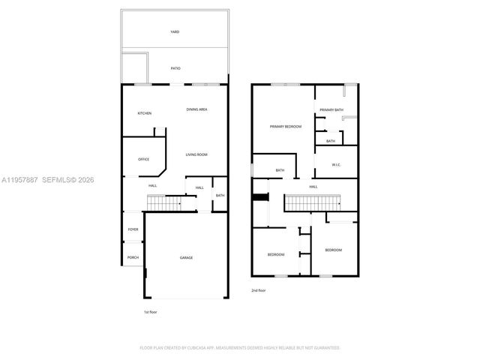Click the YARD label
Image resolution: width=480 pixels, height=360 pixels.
174,32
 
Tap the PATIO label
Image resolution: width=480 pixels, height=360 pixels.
175,68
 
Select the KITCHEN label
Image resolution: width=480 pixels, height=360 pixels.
144,113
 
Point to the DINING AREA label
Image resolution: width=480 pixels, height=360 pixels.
197,109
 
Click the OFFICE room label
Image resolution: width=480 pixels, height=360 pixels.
143,159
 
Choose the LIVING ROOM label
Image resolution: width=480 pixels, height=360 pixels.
197,154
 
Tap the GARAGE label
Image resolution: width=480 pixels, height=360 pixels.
186,257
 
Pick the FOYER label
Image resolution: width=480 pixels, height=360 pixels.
133,229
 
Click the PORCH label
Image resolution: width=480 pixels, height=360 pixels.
133,257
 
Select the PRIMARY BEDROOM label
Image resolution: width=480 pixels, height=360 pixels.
286,127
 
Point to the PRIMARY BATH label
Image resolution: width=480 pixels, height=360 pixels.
331,110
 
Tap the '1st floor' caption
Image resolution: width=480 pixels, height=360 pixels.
150,311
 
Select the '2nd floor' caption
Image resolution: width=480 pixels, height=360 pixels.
259,289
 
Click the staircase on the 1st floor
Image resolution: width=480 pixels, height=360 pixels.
165,202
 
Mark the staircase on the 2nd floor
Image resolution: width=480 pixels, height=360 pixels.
311,202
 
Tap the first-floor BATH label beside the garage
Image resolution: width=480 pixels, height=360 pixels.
220,196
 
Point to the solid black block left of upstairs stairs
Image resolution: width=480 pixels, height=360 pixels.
261,197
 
